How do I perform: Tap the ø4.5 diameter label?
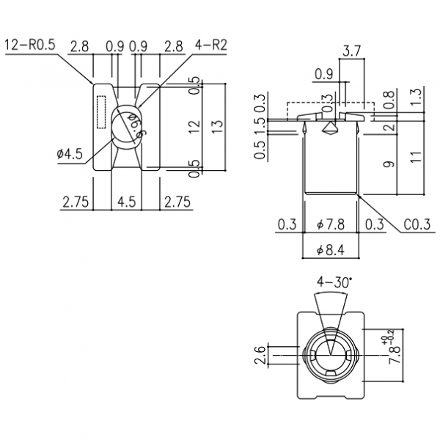point(71,154)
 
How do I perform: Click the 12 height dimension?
point(194,125)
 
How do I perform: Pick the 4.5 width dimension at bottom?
point(126,201)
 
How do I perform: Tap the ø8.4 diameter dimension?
point(331,251)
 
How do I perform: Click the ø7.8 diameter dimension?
point(331,224)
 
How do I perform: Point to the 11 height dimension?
point(415,155)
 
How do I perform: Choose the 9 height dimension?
point(389,164)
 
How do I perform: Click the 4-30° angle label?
point(334,282)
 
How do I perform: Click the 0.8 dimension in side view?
point(389,96)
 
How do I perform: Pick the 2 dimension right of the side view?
point(389,126)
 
